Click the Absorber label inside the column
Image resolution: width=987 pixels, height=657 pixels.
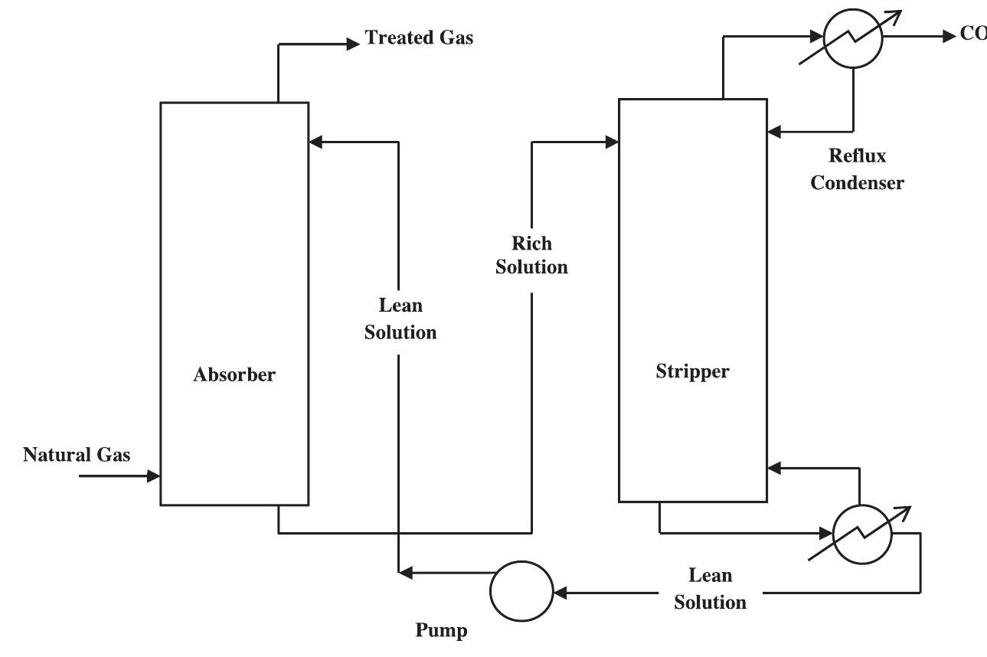(234, 375)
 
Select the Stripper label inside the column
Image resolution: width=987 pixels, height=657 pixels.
(692, 372)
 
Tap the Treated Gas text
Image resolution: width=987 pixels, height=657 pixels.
(419, 38)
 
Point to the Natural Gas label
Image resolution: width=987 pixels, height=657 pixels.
(77, 455)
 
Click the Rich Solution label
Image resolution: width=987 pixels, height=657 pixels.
(531, 255)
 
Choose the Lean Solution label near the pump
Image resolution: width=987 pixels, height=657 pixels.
(710, 588)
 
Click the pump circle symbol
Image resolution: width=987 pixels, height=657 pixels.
(521, 592)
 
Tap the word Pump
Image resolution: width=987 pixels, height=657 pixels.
(441, 631)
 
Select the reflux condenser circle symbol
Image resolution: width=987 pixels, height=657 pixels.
(854, 36)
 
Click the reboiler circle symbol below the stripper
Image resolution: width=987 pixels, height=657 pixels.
(862, 533)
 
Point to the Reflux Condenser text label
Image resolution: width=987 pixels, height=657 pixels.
(857, 169)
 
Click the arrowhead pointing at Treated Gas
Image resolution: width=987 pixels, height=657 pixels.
(353, 44)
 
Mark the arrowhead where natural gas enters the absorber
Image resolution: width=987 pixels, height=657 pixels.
(154, 476)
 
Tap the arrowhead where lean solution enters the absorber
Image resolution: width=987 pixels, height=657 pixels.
(315, 142)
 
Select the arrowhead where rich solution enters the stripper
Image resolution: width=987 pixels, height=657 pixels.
(613, 142)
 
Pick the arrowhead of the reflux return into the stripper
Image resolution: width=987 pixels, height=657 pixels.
(773, 131)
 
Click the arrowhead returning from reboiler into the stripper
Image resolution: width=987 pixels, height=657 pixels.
(773, 466)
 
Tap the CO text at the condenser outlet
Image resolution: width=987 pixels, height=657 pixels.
(972, 35)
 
